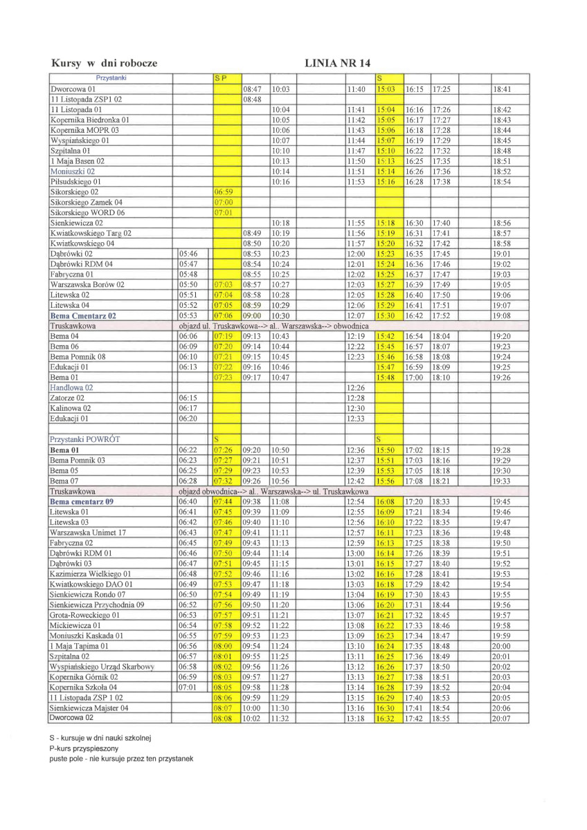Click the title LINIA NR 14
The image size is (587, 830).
click(x=342, y=64)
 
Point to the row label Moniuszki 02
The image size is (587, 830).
click(x=73, y=171)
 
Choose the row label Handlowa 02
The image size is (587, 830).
click(x=71, y=388)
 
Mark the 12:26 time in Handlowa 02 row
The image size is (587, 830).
click(x=355, y=388)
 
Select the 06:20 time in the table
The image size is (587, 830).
click(x=188, y=418)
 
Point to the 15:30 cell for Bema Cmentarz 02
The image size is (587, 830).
click(x=386, y=315)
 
